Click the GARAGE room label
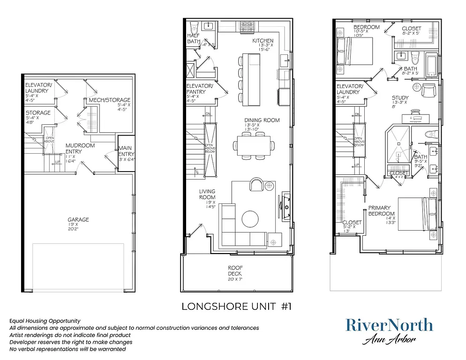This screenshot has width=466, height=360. coord(78,219)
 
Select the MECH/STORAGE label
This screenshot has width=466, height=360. coord(109,100)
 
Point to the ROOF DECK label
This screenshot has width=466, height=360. coord(234,270)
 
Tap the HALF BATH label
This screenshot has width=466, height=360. coord(194,38)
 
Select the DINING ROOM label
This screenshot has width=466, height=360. coord(262,120)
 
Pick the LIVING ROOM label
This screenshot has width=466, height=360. coord(207,194)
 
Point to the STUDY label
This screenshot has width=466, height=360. coord(400,98)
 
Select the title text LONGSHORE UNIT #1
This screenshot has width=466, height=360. coord(236,307)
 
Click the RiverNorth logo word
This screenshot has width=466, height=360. coord(389,325)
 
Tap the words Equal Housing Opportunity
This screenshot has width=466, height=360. coord(45,321)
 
